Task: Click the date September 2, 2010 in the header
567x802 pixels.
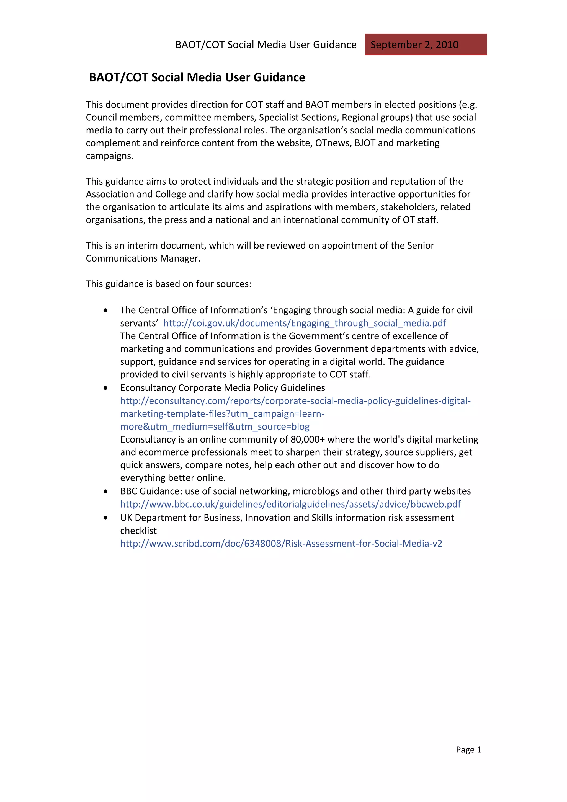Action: tap(414, 45)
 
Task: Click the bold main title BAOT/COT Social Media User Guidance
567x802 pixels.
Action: tap(197, 77)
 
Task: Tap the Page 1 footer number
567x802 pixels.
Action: tap(468, 749)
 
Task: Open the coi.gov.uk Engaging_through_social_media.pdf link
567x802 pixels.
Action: tap(304, 323)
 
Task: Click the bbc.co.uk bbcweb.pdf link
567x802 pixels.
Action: tap(290, 504)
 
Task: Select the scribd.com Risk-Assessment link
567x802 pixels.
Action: tap(281, 544)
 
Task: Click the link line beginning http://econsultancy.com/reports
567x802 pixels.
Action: tap(295, 401)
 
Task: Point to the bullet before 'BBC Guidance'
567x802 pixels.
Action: tap(105, 491)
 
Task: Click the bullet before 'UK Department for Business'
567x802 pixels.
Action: tap(105, 518)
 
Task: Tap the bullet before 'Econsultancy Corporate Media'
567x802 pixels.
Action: tap(105, 388)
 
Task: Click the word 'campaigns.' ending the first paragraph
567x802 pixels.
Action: tap(110, 156)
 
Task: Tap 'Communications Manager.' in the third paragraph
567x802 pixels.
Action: tap(143, 258)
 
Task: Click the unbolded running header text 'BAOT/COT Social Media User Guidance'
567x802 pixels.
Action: tap(266, 45)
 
